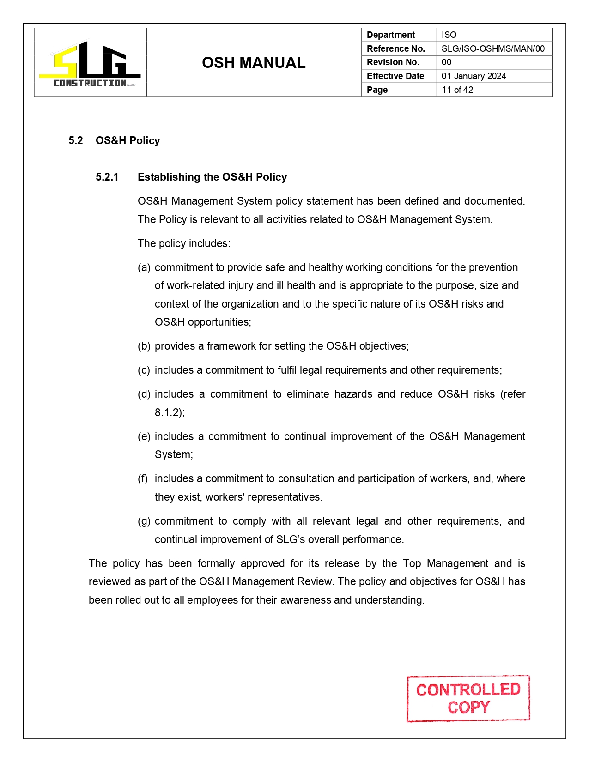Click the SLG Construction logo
click(x=90, y=63)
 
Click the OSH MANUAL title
click(x=254, y=63)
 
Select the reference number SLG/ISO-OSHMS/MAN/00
click(x=493, y=48)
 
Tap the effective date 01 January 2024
click(x=474, y=76)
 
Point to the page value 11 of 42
click(x=457, y=90)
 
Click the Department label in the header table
click(x=390, y=35)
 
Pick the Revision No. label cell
click(x=393, y=62)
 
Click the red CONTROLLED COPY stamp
click(x=468, y=698)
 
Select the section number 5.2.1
click(x=107, y=177)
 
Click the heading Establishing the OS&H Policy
click(x=212, y=177)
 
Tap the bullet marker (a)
click(x=144, y=267)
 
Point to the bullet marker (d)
click(x=144, y=394)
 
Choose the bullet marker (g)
click(x=144, y=521)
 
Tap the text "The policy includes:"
click(x=184, y=243)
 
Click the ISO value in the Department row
click(x=449, y=35)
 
